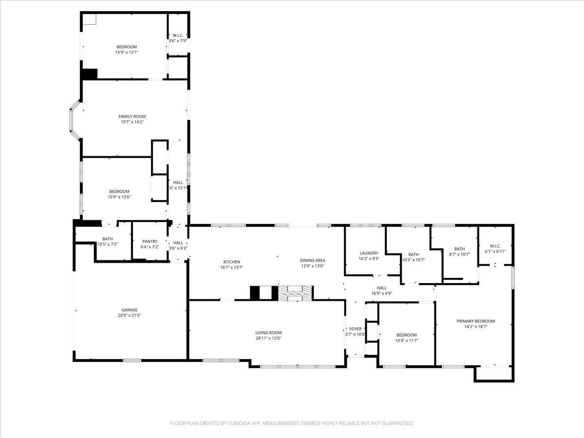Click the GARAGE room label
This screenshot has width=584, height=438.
coord(129,310)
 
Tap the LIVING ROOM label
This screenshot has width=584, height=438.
coord(269,333)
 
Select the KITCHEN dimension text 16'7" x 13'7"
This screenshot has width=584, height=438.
coord(232,267)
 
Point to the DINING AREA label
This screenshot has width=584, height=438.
coord(312,260)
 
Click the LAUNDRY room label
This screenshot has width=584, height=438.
coord(369,253)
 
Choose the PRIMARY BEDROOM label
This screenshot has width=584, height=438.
coord(475,321)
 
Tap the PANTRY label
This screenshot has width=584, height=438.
coord(150,241)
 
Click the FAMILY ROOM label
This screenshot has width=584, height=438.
coord(132,116)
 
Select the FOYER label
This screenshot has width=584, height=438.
coord(356,329)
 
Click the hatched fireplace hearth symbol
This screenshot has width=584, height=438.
coord(295,293)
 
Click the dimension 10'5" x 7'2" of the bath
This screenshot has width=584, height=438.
coord(108,244)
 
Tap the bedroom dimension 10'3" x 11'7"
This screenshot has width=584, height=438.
coord(406,340)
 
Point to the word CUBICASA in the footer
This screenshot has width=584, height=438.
coord(239,423)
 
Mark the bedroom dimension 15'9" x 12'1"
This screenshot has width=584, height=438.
coord(127,52)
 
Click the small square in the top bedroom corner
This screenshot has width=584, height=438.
coord(89,19)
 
